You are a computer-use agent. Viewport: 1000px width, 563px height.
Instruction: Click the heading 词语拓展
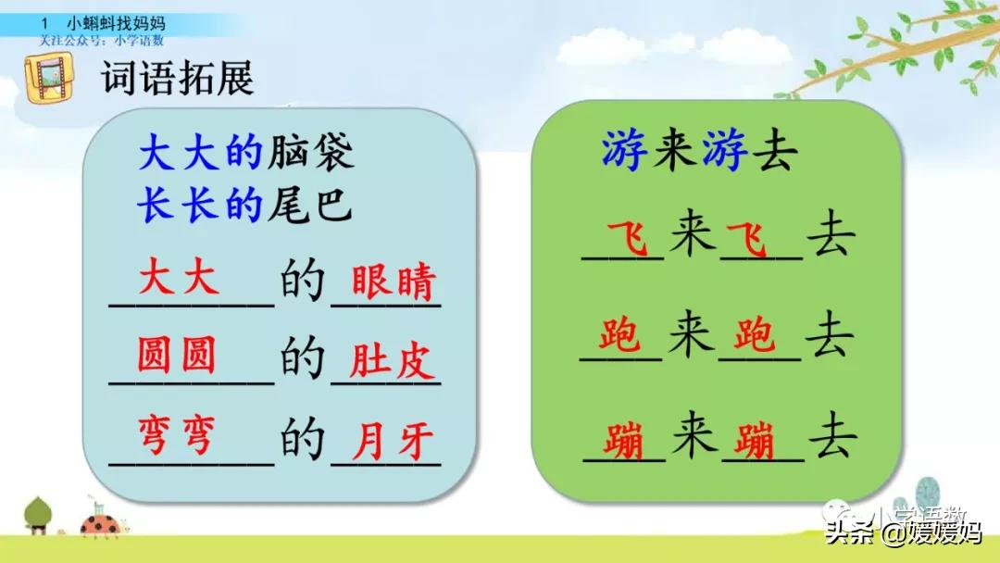coord(176,79)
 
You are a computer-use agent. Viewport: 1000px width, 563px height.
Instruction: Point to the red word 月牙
coord(393,443)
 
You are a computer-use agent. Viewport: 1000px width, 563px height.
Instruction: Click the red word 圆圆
coord(177,355)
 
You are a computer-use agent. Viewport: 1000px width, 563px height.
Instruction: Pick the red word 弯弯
coord(177,436)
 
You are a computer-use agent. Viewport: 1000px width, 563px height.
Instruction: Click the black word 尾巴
coord(309,206)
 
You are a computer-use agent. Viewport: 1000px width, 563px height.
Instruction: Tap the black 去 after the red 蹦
coord(831,439)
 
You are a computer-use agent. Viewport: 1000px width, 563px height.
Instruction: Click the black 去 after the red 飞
coord(831,239)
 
